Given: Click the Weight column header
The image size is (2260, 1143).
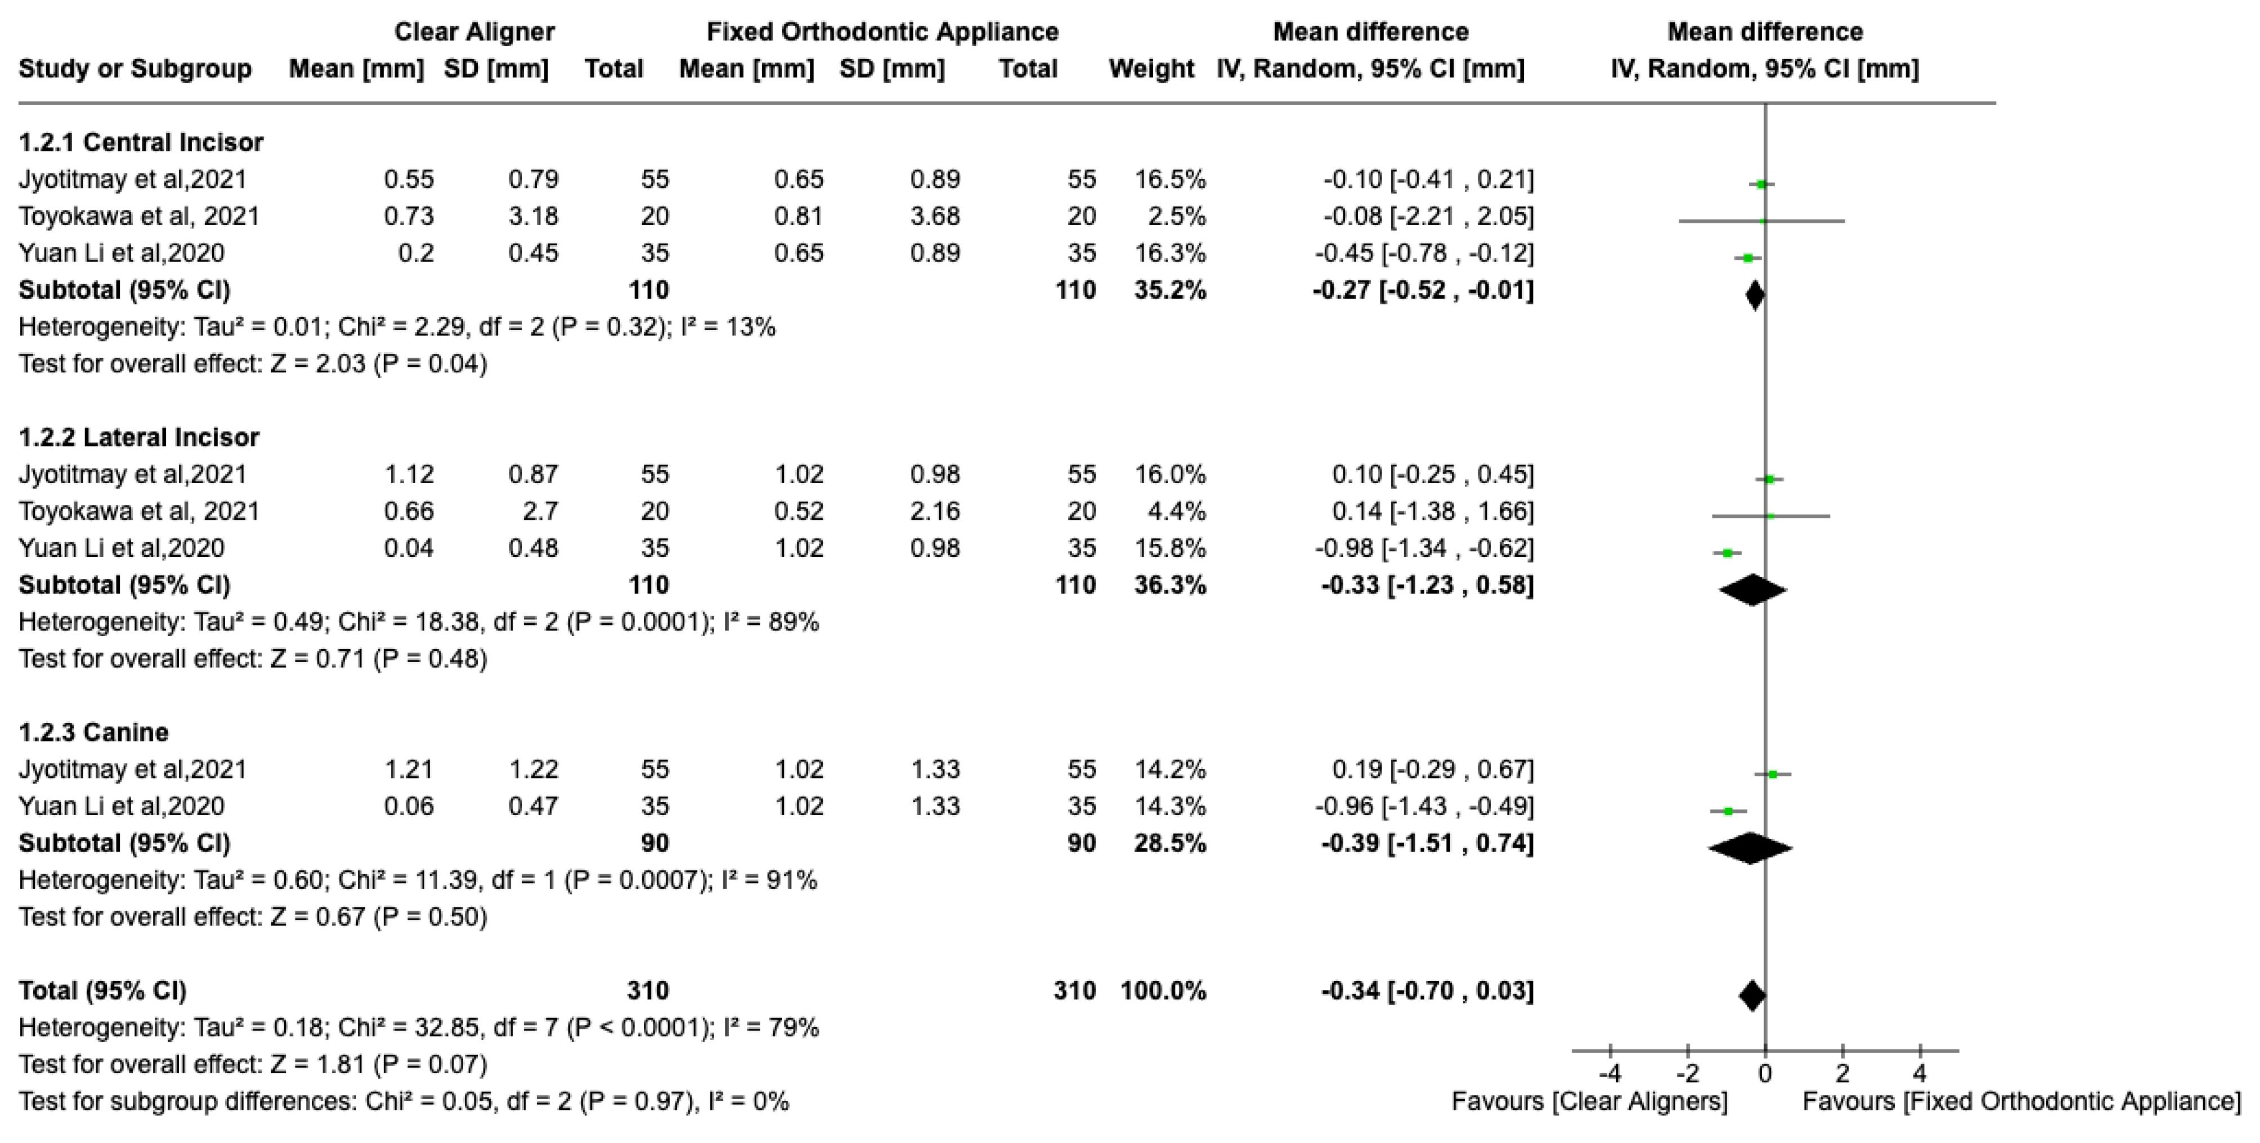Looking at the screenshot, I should (x=1150, y=69).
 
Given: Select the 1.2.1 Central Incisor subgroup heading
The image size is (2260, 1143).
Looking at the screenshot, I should (x=140, y=142).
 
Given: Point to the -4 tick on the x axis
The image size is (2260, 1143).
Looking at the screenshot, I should (x=1610, y=1073).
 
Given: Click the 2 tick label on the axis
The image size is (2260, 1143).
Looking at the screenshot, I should (x=1842, y=1073).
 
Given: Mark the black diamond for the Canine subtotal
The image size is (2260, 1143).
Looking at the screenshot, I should (x=1750, y=847).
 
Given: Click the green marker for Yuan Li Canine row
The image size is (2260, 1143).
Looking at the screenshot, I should (x=1728, y=812).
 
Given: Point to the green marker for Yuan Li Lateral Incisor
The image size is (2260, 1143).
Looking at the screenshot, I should (x=1728, y=552).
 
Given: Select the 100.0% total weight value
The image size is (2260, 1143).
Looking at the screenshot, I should (x=1163, y=991).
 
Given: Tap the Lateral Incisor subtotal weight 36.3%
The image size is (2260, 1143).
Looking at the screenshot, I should (x=1169, y=584).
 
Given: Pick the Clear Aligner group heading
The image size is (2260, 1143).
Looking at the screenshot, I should (x=474, y=31).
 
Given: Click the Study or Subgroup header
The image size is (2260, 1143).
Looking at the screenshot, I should (x=135, y=69).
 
